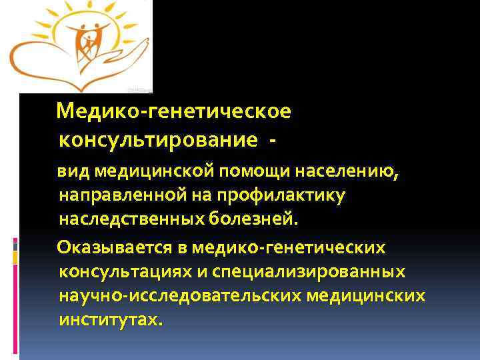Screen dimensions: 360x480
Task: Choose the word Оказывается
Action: click(x=116, y=248)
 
